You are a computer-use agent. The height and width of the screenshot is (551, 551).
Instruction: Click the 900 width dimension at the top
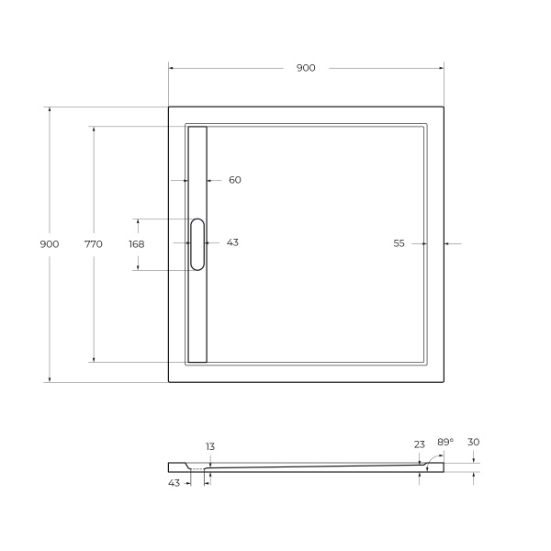306,68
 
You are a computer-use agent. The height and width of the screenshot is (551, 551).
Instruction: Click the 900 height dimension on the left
50,244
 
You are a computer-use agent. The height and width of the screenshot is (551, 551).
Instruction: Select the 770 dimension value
94,244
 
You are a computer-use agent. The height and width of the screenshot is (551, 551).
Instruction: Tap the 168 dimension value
137,244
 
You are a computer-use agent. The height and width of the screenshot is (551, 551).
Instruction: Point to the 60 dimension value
235,180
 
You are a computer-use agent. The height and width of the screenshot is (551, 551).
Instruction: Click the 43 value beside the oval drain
232,242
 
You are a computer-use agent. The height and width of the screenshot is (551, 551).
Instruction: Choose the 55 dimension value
399,243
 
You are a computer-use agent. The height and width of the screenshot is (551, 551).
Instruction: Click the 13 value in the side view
210,446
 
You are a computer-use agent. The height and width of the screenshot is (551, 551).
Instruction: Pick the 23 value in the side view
420,444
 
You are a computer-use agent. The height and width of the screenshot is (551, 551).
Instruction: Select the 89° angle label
445,442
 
